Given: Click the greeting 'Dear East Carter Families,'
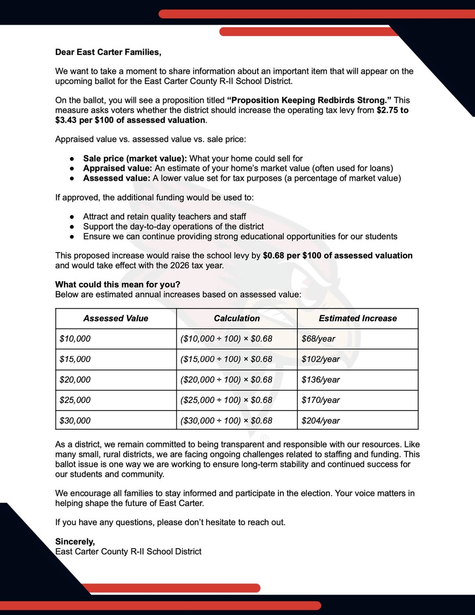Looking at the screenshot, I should click(x=108, y=52).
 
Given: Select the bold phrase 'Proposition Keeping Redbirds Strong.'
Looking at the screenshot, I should click(x=309, y=100).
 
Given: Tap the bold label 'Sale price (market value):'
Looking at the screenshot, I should click(x=135, y=158).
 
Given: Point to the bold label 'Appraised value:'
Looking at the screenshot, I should click(x=117, y=168).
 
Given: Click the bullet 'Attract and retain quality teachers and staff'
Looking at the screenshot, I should click(x=164, y=216).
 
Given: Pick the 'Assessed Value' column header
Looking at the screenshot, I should click(x=116, y=318).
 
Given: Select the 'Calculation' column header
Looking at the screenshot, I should click(x=237, y=318).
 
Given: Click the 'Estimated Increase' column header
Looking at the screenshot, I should click(x=358, y=318).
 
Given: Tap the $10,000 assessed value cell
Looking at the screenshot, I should click(x=75, y=339).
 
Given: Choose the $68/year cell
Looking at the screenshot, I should click(x=318, y=339).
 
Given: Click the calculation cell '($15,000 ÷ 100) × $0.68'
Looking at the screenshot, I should click(x=227, y=359).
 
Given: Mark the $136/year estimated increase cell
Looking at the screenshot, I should click(x=321, y=380).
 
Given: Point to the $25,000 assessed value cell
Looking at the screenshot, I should click(x=75, y=400).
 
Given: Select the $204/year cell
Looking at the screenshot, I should click(x=321, y=421).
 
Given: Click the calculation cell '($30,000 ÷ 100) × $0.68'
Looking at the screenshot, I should click(x=227, y=421).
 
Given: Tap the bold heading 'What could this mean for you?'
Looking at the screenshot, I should click(x=118, y=285).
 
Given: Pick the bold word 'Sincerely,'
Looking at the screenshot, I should click(x=75, y=542).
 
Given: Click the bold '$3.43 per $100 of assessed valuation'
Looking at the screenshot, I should click(x=130, y=120).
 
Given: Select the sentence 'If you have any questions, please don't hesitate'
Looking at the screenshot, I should click(x=170, y=522).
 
